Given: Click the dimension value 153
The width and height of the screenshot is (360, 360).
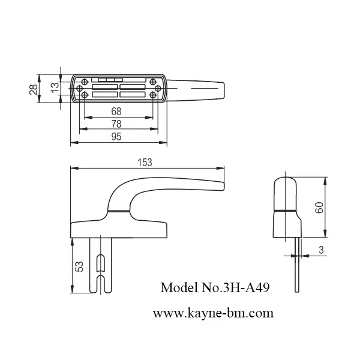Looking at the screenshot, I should (x=145, y=162).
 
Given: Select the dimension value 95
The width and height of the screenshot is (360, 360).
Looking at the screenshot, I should (x=117, y=137).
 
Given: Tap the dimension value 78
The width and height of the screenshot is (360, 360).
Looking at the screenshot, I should (x=117, y=124).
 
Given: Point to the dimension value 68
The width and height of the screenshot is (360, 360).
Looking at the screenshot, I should (x=117, y=111).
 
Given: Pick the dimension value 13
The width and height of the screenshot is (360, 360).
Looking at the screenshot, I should (x=55, y=86).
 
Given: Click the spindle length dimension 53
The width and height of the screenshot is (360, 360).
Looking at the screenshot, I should (x=79, y=266).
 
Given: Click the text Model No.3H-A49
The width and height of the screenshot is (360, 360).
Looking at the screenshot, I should (x=215, y=287).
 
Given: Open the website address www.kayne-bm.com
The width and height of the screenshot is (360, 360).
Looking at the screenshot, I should (x=213, y=313).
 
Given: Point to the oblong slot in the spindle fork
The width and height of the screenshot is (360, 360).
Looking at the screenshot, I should (x=101, y=263).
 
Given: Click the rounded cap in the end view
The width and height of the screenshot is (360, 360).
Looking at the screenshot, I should (x=286, y=190).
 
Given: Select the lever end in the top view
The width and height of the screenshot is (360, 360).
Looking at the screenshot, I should (x=219, y=90).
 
